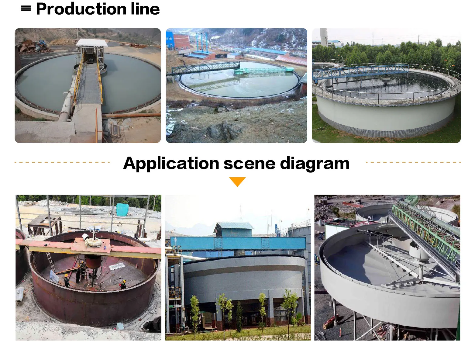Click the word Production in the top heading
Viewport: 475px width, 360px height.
(81, 9)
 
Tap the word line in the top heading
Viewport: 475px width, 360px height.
(145, 9)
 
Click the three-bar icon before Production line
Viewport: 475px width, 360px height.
(26, 9)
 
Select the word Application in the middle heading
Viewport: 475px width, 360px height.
(171, 163)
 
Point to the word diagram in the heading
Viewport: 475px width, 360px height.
(315, 163)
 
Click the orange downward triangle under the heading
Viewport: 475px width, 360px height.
(237, 182)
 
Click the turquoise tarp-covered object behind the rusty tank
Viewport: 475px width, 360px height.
(123, 209)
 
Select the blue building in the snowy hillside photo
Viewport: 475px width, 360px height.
(169, 40)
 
